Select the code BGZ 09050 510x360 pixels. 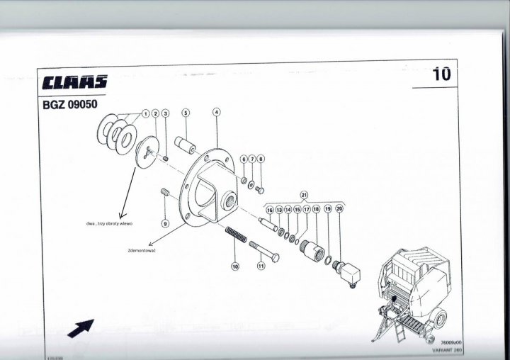[70, 101]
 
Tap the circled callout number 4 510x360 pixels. [216, 112]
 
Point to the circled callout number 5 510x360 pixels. [186, 113]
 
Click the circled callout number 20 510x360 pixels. [339, 209]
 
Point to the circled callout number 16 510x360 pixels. [270, 210]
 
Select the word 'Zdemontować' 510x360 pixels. [142, 250]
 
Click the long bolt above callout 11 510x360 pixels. [263, 249]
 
